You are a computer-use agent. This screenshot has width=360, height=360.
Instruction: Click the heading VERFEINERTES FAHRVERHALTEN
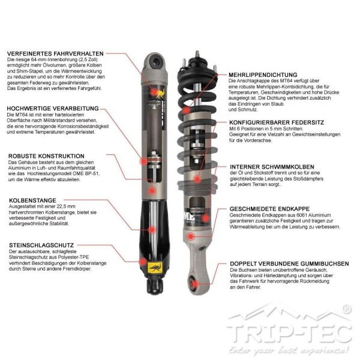click(55, 54)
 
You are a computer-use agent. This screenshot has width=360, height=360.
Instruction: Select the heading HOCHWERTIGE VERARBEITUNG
click(53, 109)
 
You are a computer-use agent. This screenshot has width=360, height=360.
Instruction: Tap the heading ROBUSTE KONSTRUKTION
click(46, 156)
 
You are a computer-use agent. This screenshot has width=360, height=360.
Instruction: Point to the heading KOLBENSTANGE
click(32, 200)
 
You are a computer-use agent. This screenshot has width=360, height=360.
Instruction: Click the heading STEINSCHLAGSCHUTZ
click(41, 245)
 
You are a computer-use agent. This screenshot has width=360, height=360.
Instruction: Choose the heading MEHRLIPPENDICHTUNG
click(263, 75)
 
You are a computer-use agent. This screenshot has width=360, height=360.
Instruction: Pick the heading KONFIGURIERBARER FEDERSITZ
click(277, 122)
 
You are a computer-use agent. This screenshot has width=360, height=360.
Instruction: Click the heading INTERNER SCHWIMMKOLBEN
click(272, 167)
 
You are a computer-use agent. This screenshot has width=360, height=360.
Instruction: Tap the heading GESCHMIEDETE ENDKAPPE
click(269, 209)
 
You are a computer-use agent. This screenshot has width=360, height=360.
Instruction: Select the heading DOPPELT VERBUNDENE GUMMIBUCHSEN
click(289, 264)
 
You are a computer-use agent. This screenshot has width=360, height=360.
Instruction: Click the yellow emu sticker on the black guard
click(155, 268)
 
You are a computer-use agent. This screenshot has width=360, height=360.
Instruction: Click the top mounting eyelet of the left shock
click(157, 62)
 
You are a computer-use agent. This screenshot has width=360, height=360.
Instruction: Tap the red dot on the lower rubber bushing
click(194, 284)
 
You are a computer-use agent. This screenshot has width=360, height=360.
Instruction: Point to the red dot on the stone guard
click(143, 261)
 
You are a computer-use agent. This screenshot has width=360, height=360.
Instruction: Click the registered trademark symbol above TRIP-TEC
click(347, 309)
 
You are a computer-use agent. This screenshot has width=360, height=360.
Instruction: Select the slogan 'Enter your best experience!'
click(289, 350)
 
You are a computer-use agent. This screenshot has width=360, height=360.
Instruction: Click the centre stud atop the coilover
click(197, 54)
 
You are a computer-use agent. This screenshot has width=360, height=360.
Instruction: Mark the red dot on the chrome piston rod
click(152, 229)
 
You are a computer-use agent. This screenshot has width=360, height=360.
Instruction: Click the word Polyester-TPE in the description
click(73, 257)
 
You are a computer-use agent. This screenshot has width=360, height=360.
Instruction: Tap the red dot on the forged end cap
click(191, 236)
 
